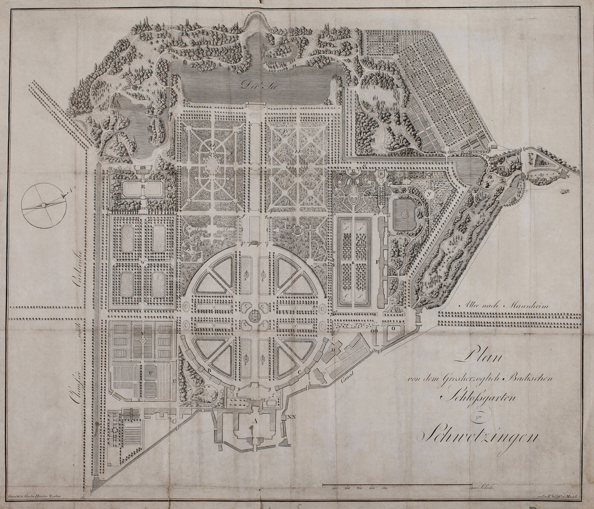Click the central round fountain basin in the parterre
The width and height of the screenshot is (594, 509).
click(255, 315)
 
